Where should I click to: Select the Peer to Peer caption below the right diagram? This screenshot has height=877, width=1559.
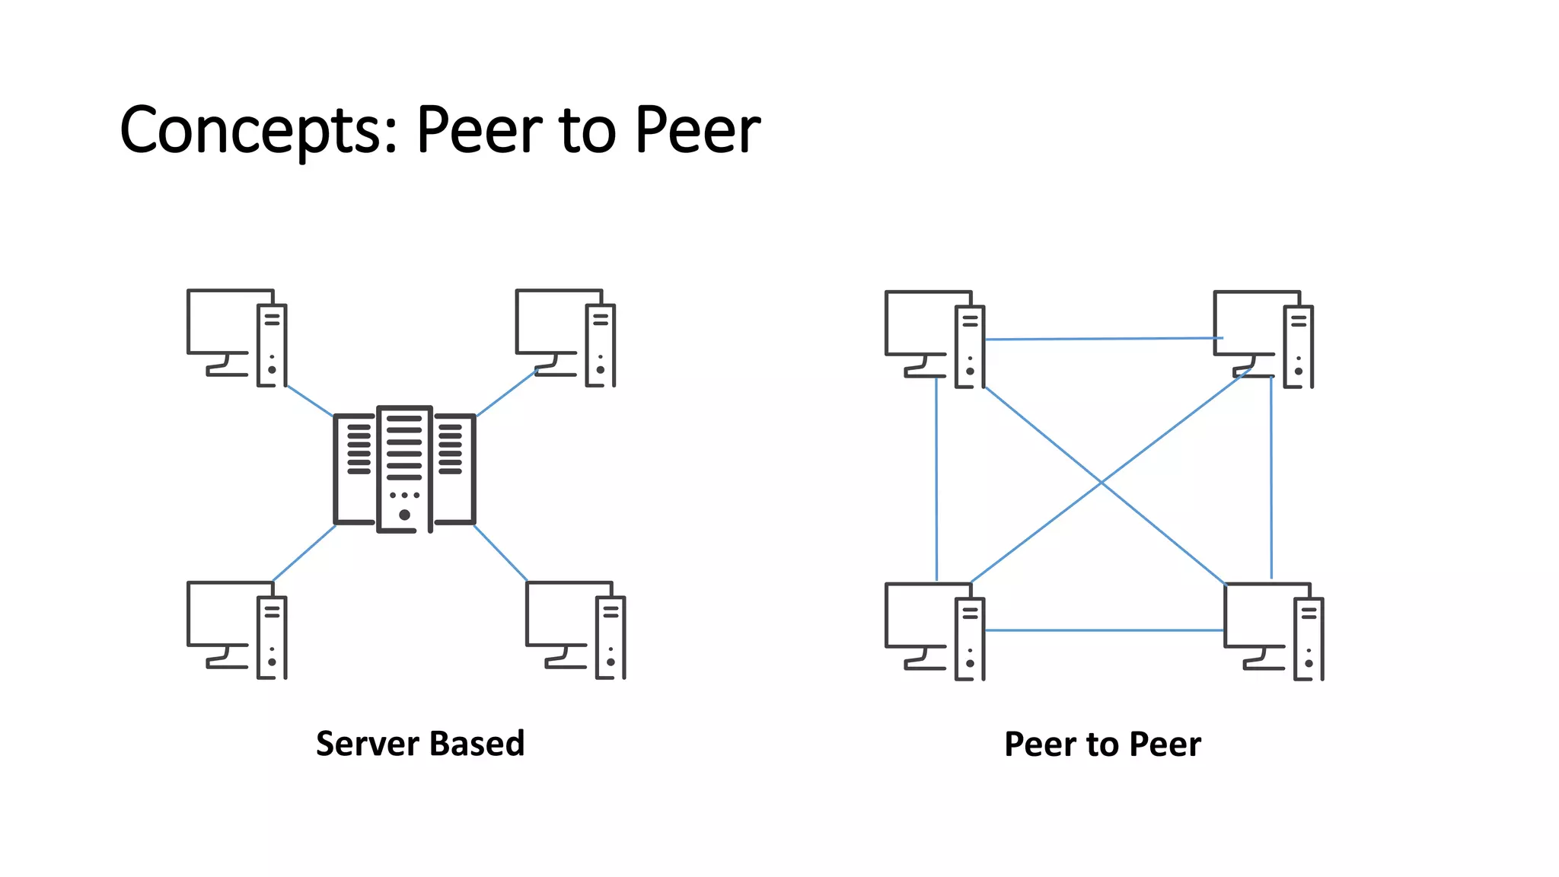(x=1102, y=745)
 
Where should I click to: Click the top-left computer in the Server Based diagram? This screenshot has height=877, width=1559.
(x=237, y=337)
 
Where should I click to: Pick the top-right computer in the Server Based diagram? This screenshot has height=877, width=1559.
(x=565, y=337)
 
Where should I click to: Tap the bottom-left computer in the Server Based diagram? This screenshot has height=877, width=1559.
(x=237, y=630)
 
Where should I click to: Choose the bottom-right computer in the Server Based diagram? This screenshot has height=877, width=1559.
(x=575, y=630)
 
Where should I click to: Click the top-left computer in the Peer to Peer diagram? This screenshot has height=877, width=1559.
(x=935, y=339)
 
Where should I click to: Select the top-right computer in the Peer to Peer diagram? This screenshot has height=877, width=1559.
(x=1263, y=339)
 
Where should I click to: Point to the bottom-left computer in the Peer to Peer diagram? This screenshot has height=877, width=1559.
(x=935, y=631)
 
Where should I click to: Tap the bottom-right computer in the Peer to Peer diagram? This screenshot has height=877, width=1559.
(x=1274, y=631)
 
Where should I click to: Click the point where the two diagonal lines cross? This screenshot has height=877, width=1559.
(x=1101, y=483)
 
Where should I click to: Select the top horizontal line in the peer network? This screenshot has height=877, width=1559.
(x=1104, y=339)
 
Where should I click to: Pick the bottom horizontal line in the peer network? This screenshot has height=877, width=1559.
(x=1104, y=630)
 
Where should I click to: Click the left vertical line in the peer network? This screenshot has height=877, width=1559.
(x=936, y=480)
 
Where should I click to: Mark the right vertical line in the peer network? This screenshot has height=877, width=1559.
(x=1270, y=480)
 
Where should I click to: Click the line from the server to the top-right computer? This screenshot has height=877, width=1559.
(x=506, y=394)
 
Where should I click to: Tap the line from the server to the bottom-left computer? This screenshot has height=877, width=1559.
(x=304, y=553)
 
